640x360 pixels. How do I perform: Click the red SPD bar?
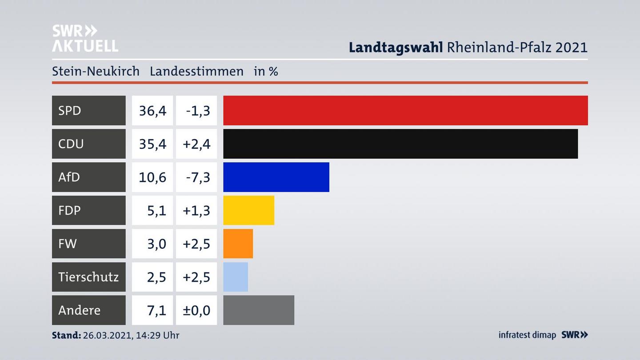(405, 110)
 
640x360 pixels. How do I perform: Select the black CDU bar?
(400, 144)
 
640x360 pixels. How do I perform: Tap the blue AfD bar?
(276, 177)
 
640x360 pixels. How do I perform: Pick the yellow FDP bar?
(248, 210)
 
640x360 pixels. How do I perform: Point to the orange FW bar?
(238, 244)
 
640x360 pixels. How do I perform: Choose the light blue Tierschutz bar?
(236, 277)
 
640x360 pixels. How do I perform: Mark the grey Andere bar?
(258, 310)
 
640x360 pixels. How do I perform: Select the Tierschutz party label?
(88, 277)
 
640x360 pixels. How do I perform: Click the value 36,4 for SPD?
(152, 110)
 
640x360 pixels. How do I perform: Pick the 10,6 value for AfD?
(152, 177)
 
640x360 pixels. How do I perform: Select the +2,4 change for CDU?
(196, 144)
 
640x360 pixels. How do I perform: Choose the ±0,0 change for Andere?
(196, 310)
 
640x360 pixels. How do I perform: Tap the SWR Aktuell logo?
(84, 38)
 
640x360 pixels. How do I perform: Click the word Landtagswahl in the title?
(396, 47)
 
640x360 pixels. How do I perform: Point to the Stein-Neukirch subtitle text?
(96, 71)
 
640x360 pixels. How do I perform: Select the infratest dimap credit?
(527, 335)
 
